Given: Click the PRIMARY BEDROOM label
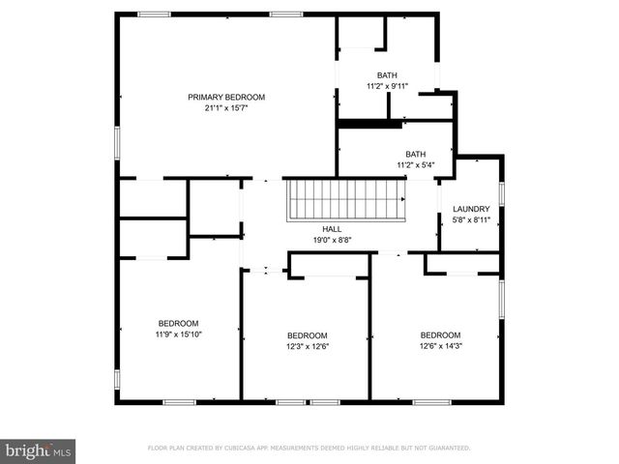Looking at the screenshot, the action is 226,97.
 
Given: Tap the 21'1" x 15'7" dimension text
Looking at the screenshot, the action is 226,108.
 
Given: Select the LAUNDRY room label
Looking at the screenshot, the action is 471,209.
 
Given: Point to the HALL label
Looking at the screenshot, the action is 332,229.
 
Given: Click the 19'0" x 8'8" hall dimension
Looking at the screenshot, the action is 332,240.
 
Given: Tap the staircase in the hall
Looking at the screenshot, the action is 346,200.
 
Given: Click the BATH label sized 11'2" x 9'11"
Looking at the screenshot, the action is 387,75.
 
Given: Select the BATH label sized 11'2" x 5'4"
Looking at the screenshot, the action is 416,155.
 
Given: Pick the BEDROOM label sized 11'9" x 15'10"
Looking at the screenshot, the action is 178,324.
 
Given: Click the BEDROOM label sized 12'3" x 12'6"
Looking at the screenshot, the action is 308,335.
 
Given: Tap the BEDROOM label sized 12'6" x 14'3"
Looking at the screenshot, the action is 441,335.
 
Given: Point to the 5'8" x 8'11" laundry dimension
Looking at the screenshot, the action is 471,219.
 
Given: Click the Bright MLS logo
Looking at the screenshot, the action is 38,451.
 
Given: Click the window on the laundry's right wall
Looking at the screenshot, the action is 502,193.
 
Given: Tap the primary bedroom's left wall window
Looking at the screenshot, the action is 117,143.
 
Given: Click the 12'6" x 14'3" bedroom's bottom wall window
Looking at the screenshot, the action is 431,402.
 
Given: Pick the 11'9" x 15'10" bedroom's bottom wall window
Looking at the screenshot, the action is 179,402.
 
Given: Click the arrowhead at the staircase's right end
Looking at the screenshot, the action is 403,199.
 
